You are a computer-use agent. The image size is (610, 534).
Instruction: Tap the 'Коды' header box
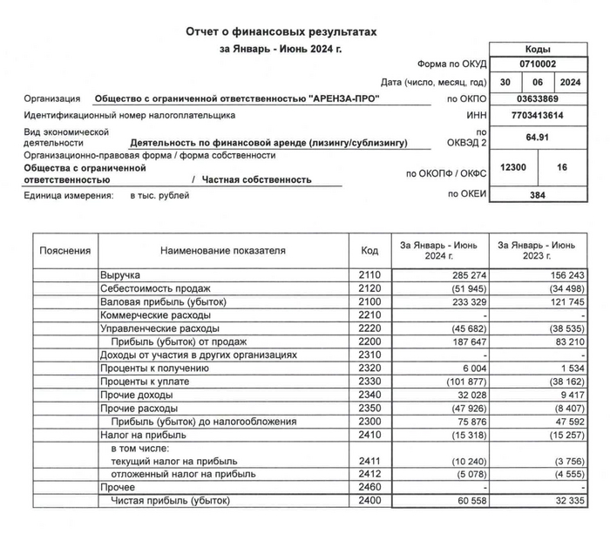(537, 50)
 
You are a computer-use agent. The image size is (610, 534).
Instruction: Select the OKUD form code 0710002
(537, 65)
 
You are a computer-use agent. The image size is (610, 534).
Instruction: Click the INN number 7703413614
(537, 115)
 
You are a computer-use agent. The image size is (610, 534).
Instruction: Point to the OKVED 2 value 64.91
(537, 137)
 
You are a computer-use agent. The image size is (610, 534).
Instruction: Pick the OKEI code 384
(537, 195)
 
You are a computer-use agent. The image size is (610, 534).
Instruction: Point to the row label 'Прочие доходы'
(137, 395)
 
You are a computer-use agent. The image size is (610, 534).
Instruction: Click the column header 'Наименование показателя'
(223, 251)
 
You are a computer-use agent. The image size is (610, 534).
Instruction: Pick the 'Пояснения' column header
(65, 251)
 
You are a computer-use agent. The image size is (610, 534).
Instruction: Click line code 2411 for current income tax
(369, 461)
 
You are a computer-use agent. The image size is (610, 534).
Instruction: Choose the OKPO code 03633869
(537, 98)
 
